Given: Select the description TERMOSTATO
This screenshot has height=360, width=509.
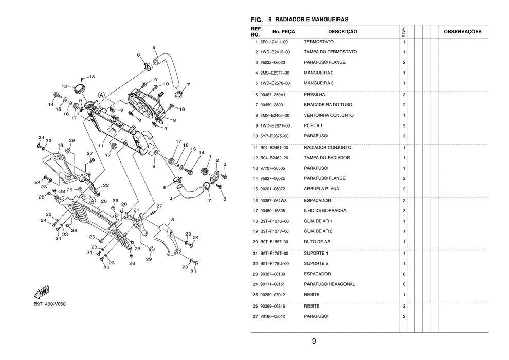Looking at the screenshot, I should click(x=319, y=42).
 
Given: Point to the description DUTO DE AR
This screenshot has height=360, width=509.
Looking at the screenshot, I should click(x=317, y=242).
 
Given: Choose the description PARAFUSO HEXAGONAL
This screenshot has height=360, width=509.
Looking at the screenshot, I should click(x=329, y=284).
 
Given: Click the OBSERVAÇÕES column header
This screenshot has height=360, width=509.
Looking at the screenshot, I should click(x=462, y=32).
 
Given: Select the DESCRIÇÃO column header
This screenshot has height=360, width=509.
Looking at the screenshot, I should click(x=342, y=32).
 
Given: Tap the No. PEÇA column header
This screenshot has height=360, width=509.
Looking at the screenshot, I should click(x=283, y=32).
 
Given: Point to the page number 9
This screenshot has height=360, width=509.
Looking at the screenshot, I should click(x=314, y=341).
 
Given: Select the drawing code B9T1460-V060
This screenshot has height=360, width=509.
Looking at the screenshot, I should click(x=49, y=304).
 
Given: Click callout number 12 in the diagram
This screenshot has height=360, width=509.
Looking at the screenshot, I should click(x=64, y=86).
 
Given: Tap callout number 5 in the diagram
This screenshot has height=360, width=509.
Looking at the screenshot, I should click(x=154, y=48).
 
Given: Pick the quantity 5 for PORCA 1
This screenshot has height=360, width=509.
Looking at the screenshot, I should click(x=404, y=126).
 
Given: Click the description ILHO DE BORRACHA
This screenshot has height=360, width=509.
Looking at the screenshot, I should click(x=325, y=211).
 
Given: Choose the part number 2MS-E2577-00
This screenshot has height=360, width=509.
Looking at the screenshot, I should click(x=275, y=73).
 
